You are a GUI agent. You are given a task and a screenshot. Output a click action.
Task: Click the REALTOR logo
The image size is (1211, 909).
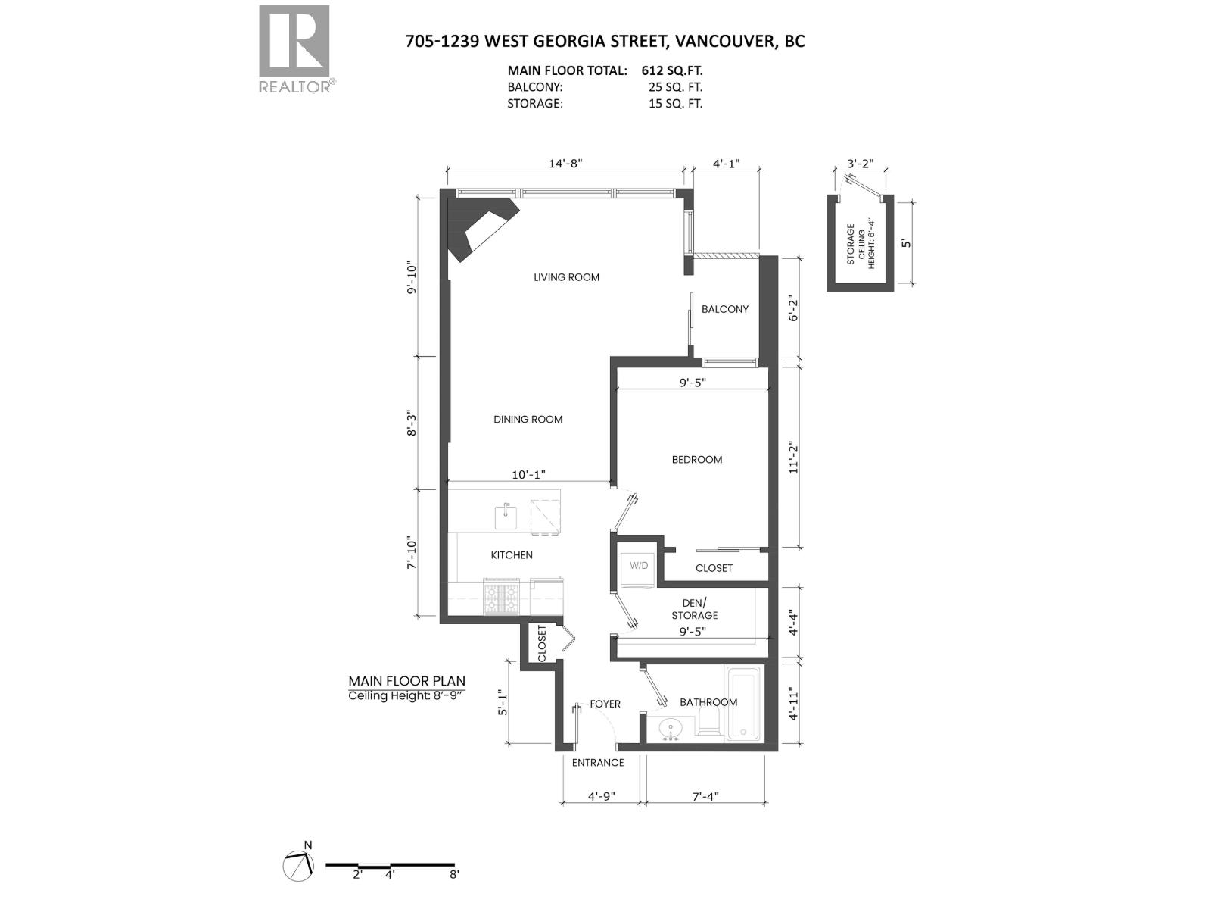(294, 47)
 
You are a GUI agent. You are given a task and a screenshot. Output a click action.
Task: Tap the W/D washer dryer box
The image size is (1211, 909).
(639, 566)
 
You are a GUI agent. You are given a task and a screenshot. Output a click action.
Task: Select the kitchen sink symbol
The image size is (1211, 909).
(506, 517)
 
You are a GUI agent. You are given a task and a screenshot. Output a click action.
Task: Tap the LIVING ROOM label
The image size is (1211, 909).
(566, 277)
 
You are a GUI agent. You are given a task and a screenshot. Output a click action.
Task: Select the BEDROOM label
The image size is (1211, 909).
(696, 459)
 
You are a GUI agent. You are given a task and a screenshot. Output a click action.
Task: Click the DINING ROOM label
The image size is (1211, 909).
(528, 419)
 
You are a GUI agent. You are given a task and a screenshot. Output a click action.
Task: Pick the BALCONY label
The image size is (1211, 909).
(724, 309)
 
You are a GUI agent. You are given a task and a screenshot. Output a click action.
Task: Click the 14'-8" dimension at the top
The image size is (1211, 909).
(565, 163)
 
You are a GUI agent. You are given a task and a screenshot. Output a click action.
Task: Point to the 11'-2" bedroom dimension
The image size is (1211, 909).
(793, 457)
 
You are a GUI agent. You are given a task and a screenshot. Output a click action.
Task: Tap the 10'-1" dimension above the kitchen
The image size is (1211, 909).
(528, 475)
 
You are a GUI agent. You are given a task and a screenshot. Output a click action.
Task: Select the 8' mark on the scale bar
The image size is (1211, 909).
(454, 874)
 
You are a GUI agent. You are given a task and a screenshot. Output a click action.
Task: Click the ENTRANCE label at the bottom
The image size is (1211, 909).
(597, 762)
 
